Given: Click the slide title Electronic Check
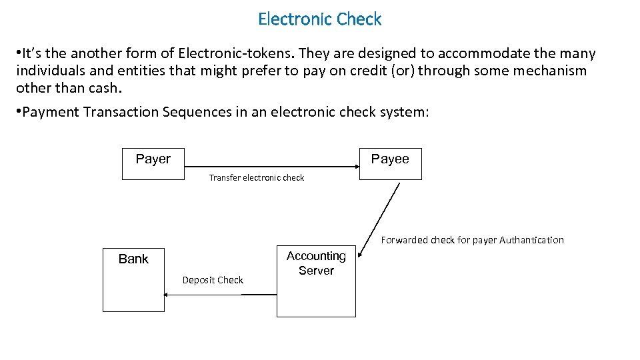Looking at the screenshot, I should [319, 19].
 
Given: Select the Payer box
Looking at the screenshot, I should [153, 163].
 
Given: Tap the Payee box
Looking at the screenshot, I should [391, 163].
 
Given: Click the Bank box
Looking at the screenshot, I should [133, 279].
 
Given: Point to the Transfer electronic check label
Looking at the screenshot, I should [256, 178].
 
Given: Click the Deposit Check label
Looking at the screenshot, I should [213, 280].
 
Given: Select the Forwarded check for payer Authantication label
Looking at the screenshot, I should [472, 240].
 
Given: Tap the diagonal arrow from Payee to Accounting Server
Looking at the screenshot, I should [379, 219].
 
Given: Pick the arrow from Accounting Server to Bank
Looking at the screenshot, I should [220, 295].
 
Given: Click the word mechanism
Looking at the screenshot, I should [543, 71].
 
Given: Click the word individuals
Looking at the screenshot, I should [51, 71].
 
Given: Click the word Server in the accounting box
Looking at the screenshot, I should [316, 271].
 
